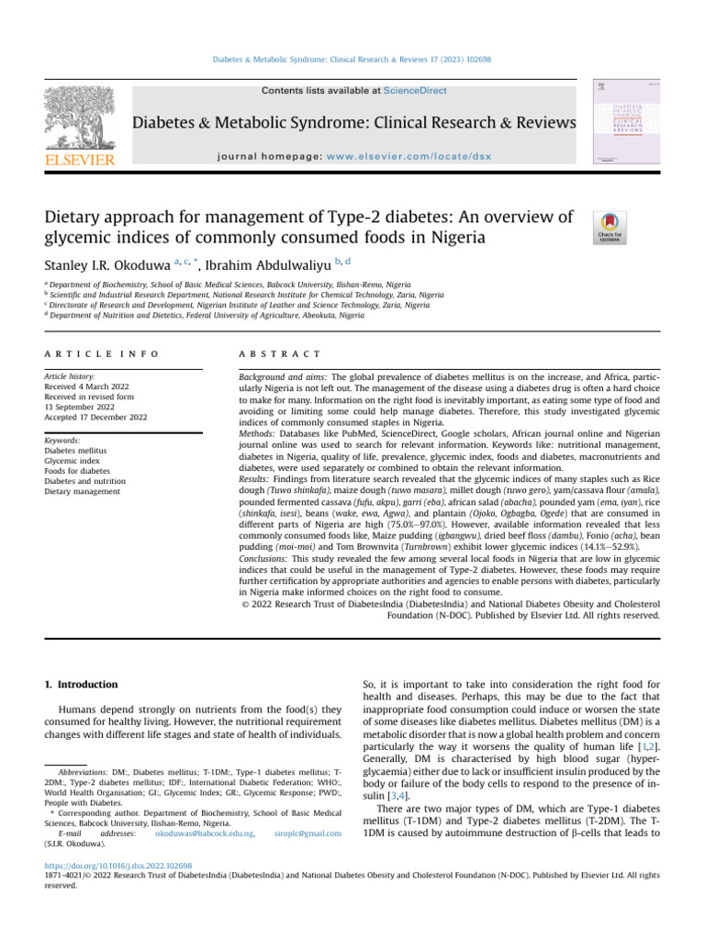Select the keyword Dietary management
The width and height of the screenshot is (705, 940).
pyautogui.click(x=84, y=491)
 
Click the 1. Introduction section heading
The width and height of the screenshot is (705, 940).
pyautogui.click(x=82, y=685)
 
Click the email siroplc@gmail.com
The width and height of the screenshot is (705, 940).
pyautogui.click(x=308, y=834)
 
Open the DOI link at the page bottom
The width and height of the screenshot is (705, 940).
pyautogui.click(x=118, y=865)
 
